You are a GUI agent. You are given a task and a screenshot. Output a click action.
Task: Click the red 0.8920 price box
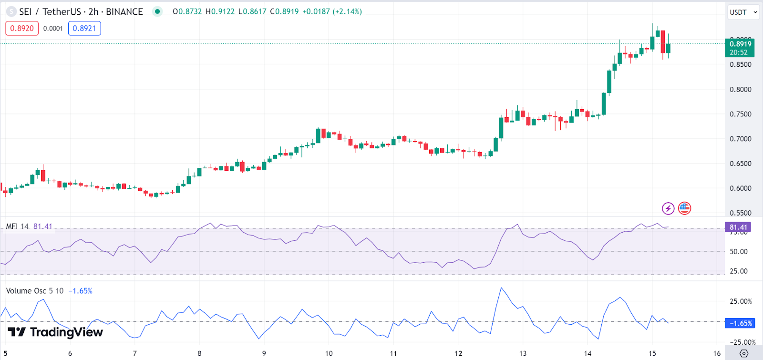point(22,29)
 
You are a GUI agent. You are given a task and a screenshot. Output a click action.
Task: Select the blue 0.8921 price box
point(84,29)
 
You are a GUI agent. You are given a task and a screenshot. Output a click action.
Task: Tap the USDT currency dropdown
point(743,12)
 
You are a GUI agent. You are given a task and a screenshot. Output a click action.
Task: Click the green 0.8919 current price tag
point(740,48)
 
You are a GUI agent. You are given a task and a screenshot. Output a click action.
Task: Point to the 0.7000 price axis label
point(740,139)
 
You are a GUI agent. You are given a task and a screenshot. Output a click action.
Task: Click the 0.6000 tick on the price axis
point(740,188)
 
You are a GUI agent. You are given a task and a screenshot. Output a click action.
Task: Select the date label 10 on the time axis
point(329,353)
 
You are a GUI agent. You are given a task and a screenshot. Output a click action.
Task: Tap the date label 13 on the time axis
point(523,353)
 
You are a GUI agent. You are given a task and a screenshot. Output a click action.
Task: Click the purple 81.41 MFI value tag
point(738,227)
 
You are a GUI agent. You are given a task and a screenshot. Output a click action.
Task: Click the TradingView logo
point(55,332)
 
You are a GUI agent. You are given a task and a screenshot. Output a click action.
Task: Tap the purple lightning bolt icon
point(668,208)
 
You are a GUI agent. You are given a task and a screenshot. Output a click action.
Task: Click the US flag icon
point(684,208)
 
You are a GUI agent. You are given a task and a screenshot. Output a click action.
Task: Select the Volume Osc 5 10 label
point(34,291)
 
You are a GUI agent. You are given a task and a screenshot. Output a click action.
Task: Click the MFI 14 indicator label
point(18,226)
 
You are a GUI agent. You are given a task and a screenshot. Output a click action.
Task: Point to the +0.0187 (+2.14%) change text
point(332,11)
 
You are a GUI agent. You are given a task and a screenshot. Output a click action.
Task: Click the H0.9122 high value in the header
point(220,11)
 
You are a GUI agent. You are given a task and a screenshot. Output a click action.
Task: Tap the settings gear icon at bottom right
point(744,353)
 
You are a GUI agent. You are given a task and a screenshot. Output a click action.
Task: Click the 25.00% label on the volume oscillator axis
point(741,301)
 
